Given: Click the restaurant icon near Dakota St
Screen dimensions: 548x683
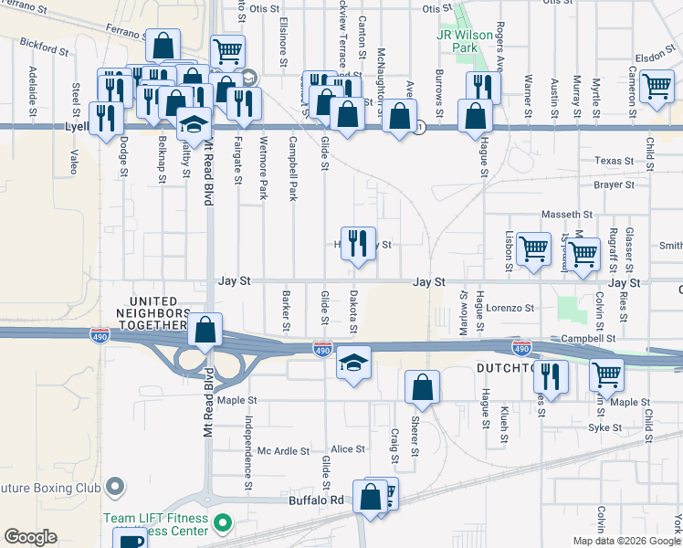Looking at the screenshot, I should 358,243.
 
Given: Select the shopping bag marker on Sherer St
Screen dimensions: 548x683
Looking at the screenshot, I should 421,385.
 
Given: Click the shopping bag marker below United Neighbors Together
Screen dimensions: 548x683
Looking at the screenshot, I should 205,330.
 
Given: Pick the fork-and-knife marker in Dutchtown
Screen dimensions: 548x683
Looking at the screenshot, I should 551,375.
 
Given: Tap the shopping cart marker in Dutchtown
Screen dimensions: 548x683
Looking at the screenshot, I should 605,374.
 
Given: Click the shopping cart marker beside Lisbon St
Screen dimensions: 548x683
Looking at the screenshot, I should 533,248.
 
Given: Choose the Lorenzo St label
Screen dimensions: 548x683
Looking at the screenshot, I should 510,309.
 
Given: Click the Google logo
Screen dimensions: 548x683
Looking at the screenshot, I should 30,537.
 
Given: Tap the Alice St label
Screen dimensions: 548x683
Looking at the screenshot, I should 348,449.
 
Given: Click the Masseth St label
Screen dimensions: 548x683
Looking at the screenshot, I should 567,214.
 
